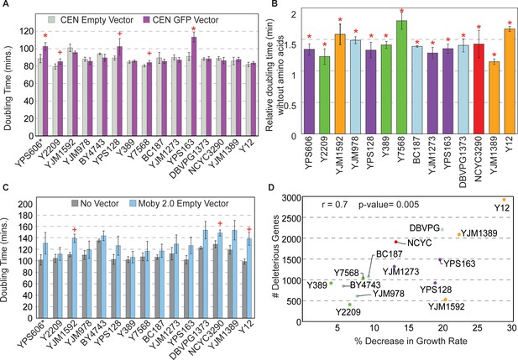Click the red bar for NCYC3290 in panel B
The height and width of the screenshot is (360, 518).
tap(479, 89)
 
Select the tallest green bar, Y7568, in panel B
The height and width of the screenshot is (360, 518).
tap(401, 77)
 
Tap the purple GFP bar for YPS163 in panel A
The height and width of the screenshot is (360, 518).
tap(194, 86)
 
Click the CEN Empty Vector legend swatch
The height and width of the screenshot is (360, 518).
tap(52, 20)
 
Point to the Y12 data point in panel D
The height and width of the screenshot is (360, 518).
tap(504, 200)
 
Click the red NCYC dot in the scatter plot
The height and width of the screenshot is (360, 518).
tap(395, 242)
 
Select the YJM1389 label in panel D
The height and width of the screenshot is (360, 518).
tap(479, 233)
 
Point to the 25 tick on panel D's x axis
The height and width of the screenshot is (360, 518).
tap(478, 328)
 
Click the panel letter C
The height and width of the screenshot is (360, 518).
tap(5, 187)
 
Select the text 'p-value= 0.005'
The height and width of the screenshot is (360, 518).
tap(389, 205)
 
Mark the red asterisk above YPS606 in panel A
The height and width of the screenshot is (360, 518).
tap(45, 36)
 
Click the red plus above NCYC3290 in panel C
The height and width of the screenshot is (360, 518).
tap(220, 224)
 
